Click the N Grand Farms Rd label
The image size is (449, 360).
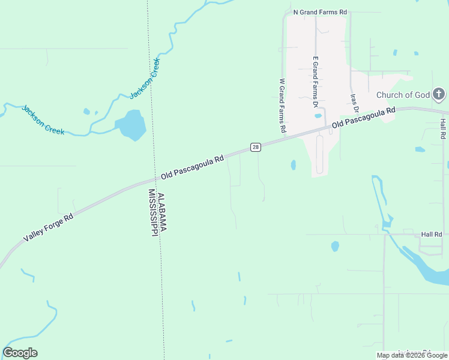click(319, 12)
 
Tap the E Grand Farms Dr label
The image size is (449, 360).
click(315, 82)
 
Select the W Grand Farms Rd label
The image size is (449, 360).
click(282, 106)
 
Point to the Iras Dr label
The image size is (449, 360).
click(354, 103)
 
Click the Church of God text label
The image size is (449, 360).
click(403, 95)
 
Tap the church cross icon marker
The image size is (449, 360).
click(439, 94)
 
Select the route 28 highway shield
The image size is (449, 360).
click(255, 148)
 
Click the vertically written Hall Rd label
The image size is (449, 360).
click(442, 129)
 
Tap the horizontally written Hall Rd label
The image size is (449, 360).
click(431, 235)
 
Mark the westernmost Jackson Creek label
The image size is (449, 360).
click(43, 120)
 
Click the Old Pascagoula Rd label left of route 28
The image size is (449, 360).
click(192, 168)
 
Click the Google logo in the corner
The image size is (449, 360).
click(20, 353)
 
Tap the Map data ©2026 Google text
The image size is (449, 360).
click(412, 355)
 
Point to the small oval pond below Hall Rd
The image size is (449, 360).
click(335, 246)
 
